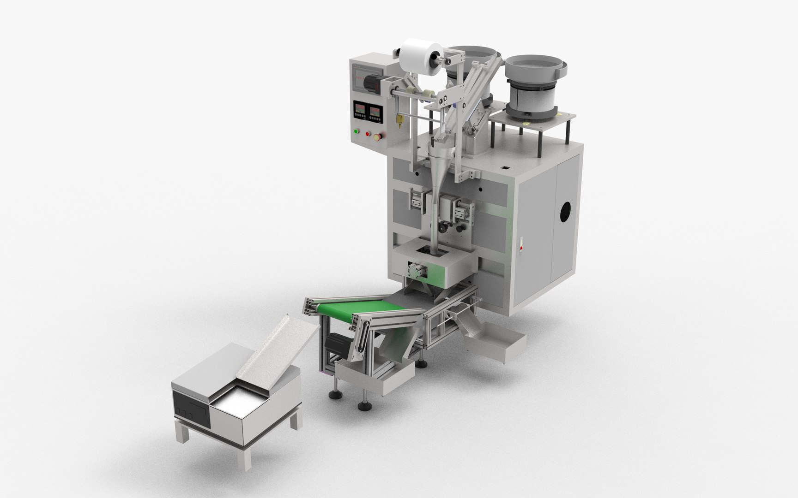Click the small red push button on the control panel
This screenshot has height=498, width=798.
368,134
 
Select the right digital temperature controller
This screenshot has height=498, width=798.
375,112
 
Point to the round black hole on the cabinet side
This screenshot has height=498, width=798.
564,213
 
